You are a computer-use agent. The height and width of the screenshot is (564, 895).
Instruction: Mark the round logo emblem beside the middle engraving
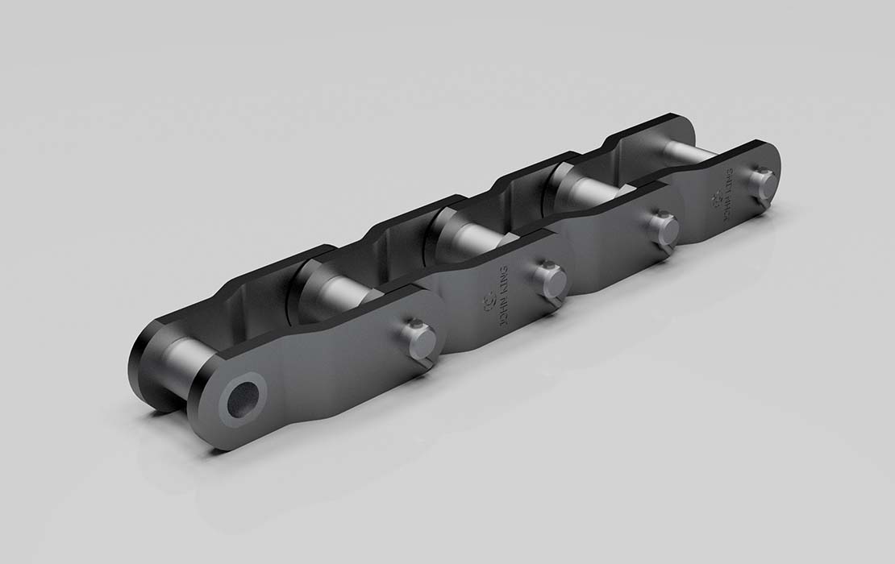pos(485,302)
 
